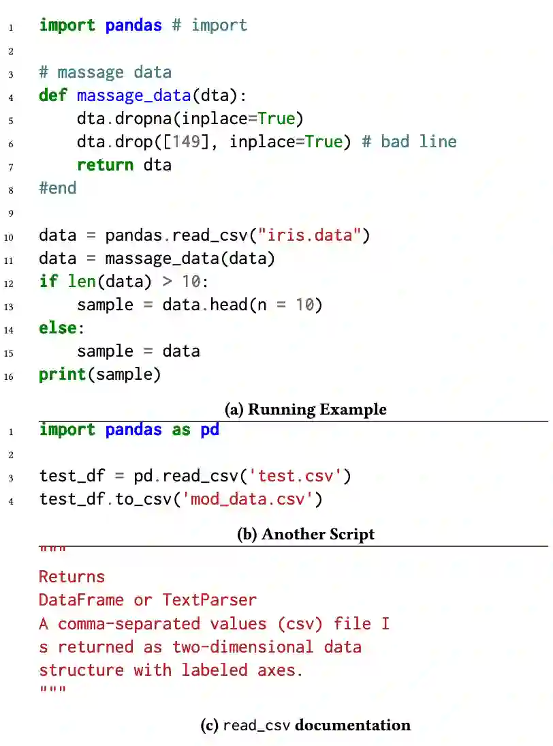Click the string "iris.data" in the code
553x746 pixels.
tap(314, 236)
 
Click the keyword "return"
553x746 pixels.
tap(105, 165)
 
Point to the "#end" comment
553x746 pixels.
tap(58, 188)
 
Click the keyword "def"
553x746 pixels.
tap(52, 95)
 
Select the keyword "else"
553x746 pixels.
tap(57, 328)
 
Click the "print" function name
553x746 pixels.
tap(62, 374)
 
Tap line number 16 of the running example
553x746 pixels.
tap(9, 376)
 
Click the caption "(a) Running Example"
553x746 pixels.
tap(305, 410)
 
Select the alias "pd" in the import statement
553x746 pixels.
tap(210, 430)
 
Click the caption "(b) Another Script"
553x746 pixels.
tap(305, 534)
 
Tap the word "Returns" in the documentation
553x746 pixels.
tap(72, 577)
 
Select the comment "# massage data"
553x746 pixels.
tap(105, 72)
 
